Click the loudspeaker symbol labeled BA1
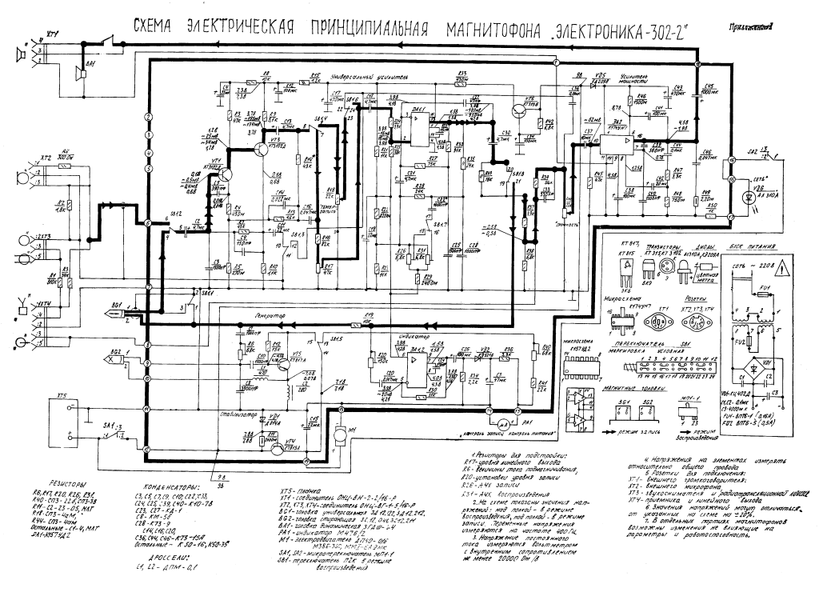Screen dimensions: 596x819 point(78,72)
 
